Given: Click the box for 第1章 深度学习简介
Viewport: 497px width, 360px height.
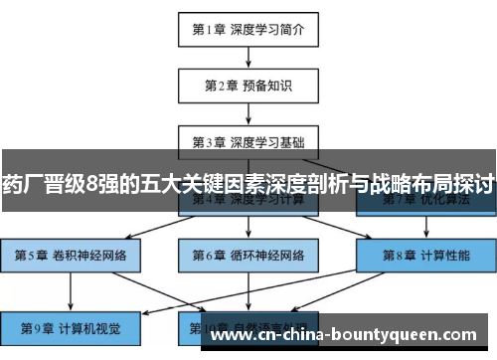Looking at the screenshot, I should [x=248, y=29].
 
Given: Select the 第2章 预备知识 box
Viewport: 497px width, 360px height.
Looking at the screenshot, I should [x=248, y=85].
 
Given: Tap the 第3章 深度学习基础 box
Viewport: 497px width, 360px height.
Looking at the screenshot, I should [x=248, y=139].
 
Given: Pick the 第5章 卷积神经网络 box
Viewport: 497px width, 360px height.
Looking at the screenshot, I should [x=70, y=255].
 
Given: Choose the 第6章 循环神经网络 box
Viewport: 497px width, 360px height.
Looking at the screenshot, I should [x=248, y=255].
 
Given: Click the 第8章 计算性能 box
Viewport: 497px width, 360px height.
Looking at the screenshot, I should [x=426, y=255].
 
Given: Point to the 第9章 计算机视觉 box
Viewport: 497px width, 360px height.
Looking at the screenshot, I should [x=70, y=326].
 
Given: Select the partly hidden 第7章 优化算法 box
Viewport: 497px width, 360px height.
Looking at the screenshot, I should [x=426, y=205].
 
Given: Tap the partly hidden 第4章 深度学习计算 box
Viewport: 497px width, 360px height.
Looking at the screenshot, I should [x=248, y=205].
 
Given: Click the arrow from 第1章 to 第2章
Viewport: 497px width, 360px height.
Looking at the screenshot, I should [x=248, y=57].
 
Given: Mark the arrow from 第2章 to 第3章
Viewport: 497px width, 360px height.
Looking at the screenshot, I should [x=248, y=112].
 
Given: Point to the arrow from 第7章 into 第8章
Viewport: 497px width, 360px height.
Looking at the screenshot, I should [x=426, y=228].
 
